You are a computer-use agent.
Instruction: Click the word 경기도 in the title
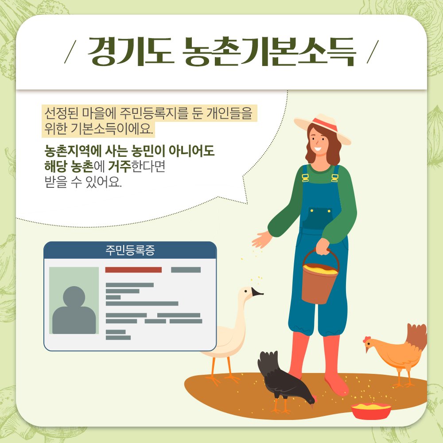click(x=131, y=51)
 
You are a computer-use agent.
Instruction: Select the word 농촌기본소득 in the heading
click(x=268, y=52)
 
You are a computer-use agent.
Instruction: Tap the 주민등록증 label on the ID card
click(x=130, y=250)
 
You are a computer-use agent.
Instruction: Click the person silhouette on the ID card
click(x=74, y=310)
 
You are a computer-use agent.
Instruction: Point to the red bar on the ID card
click(x=133, y=270)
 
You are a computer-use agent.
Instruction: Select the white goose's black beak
click(x=257, y=292)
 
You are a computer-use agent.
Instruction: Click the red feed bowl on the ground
click(x=371, y=411)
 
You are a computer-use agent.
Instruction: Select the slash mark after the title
click(x=373, y=52)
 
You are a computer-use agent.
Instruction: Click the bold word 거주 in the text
click(x=120, y=167)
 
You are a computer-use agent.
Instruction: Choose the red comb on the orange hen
click(x=366, y=339)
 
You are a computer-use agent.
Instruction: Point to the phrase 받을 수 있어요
click(x=83, y=182)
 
